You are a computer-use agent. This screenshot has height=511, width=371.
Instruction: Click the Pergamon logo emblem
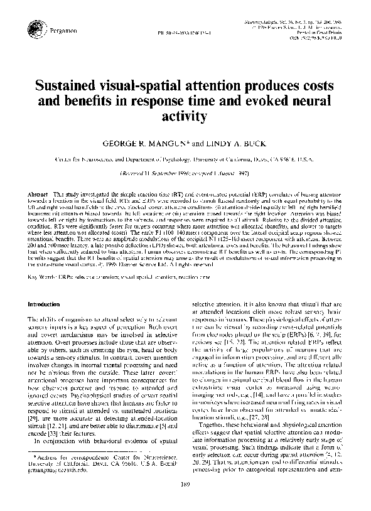pos(32,26)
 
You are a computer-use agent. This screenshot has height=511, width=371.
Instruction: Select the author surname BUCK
pos(255,143)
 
